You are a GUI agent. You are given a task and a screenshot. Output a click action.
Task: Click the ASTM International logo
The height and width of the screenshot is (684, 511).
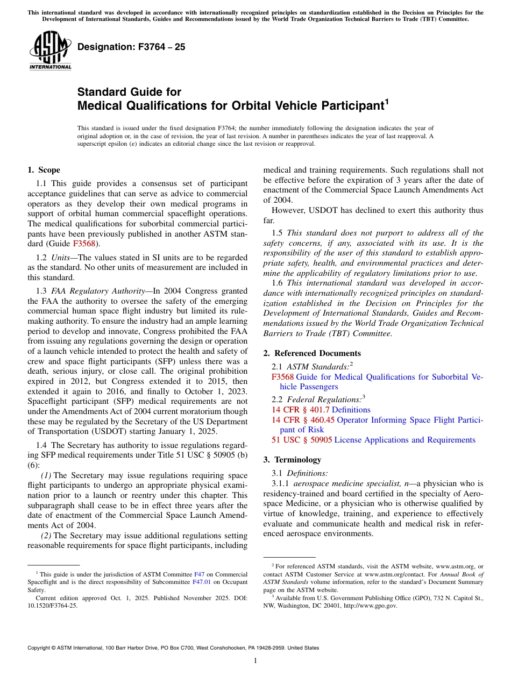pyautogui.click(x=50, y=51)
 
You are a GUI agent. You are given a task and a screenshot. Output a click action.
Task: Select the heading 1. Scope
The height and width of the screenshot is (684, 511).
pyautogui.click(x=44, y=170)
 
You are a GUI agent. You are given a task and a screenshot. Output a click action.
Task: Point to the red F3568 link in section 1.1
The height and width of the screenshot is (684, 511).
pyautogui.click(x=84, y=243)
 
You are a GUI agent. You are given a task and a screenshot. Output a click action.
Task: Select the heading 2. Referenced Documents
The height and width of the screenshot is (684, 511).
pyautogui.click(x=312, y=353)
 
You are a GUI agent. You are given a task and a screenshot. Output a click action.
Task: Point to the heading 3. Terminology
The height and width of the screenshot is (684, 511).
pyautogui.click(x=292, y=460)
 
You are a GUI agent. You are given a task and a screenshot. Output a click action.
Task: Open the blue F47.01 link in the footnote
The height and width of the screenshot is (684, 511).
pyautogui.click(x=200, y=582)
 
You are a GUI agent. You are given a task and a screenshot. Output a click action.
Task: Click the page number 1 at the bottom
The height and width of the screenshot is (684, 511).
pyautogui.click(x=256, y=661)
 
